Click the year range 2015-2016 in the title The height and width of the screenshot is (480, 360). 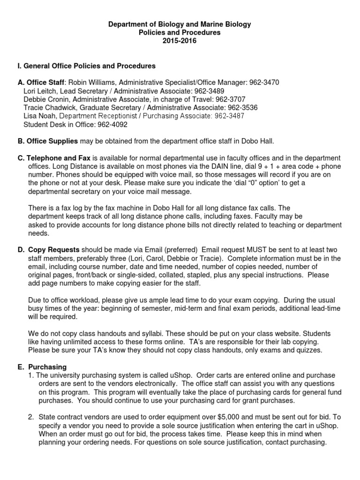(x=180, y=41)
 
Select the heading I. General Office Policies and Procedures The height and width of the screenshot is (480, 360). (x=86, y=66)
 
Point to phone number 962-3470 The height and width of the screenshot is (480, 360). (x=264, y=82)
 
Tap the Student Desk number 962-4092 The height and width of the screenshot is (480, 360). (x=112, y=125)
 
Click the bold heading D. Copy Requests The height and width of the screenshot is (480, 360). (x=49, y=250)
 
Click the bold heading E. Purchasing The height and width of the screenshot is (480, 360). (x=43, y=367)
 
